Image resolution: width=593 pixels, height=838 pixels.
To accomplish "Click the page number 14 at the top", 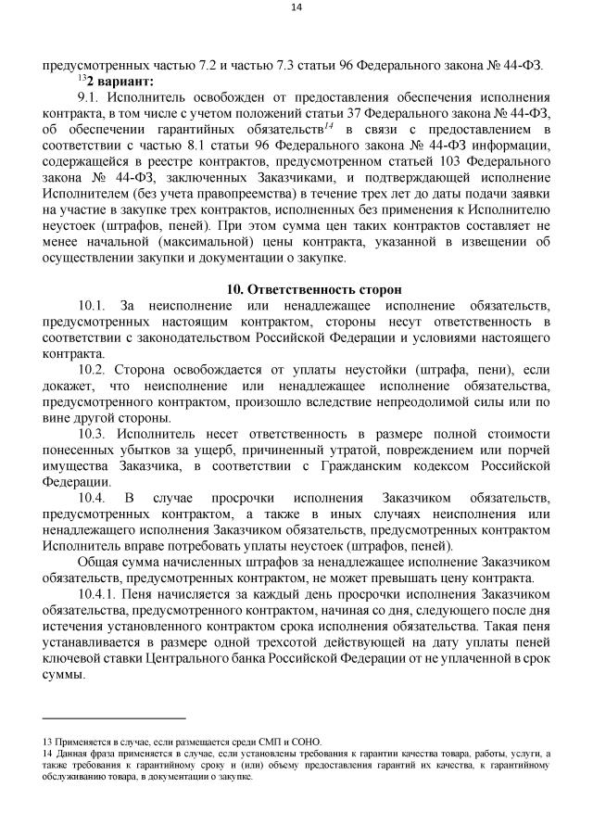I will click(x=296, y=7).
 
